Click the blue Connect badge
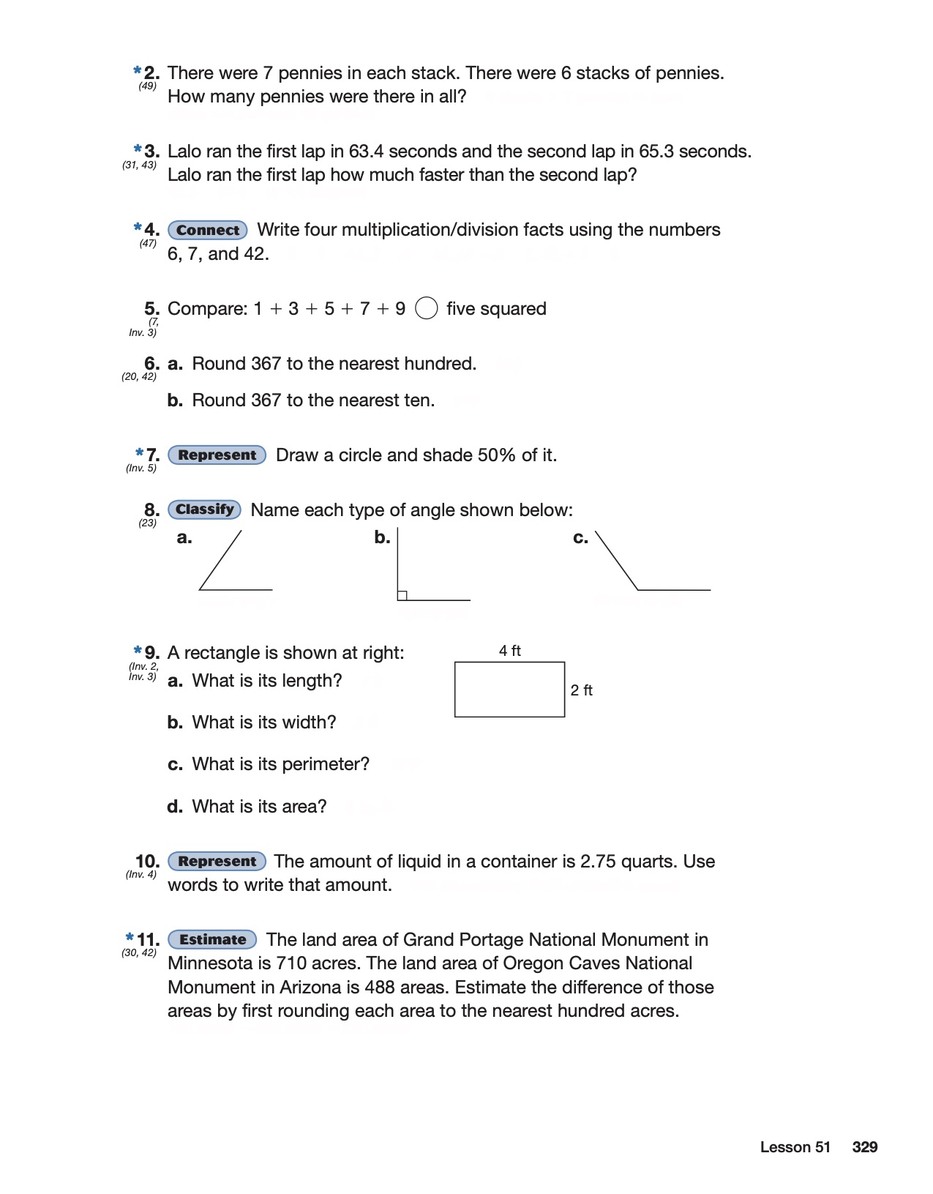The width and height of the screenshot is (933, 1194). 208,230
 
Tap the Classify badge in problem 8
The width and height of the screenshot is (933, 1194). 205,510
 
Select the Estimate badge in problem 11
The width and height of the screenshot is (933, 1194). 212,939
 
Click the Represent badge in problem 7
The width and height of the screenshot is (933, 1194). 217,455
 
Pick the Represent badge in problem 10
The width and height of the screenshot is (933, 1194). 217,861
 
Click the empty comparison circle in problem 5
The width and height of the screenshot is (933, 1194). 427,309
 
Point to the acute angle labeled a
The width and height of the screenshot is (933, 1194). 227,567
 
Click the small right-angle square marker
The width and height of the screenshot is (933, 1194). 402,595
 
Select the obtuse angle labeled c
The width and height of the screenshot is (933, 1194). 644,571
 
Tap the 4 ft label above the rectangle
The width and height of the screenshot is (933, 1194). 510,651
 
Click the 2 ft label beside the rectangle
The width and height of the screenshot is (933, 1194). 582,690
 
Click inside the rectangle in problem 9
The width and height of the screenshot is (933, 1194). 509,690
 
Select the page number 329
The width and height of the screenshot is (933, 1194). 864,1147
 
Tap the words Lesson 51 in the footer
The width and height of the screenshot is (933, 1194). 795,1147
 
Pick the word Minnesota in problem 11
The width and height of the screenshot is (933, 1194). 211,963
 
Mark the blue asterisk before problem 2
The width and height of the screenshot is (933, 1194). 138,71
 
